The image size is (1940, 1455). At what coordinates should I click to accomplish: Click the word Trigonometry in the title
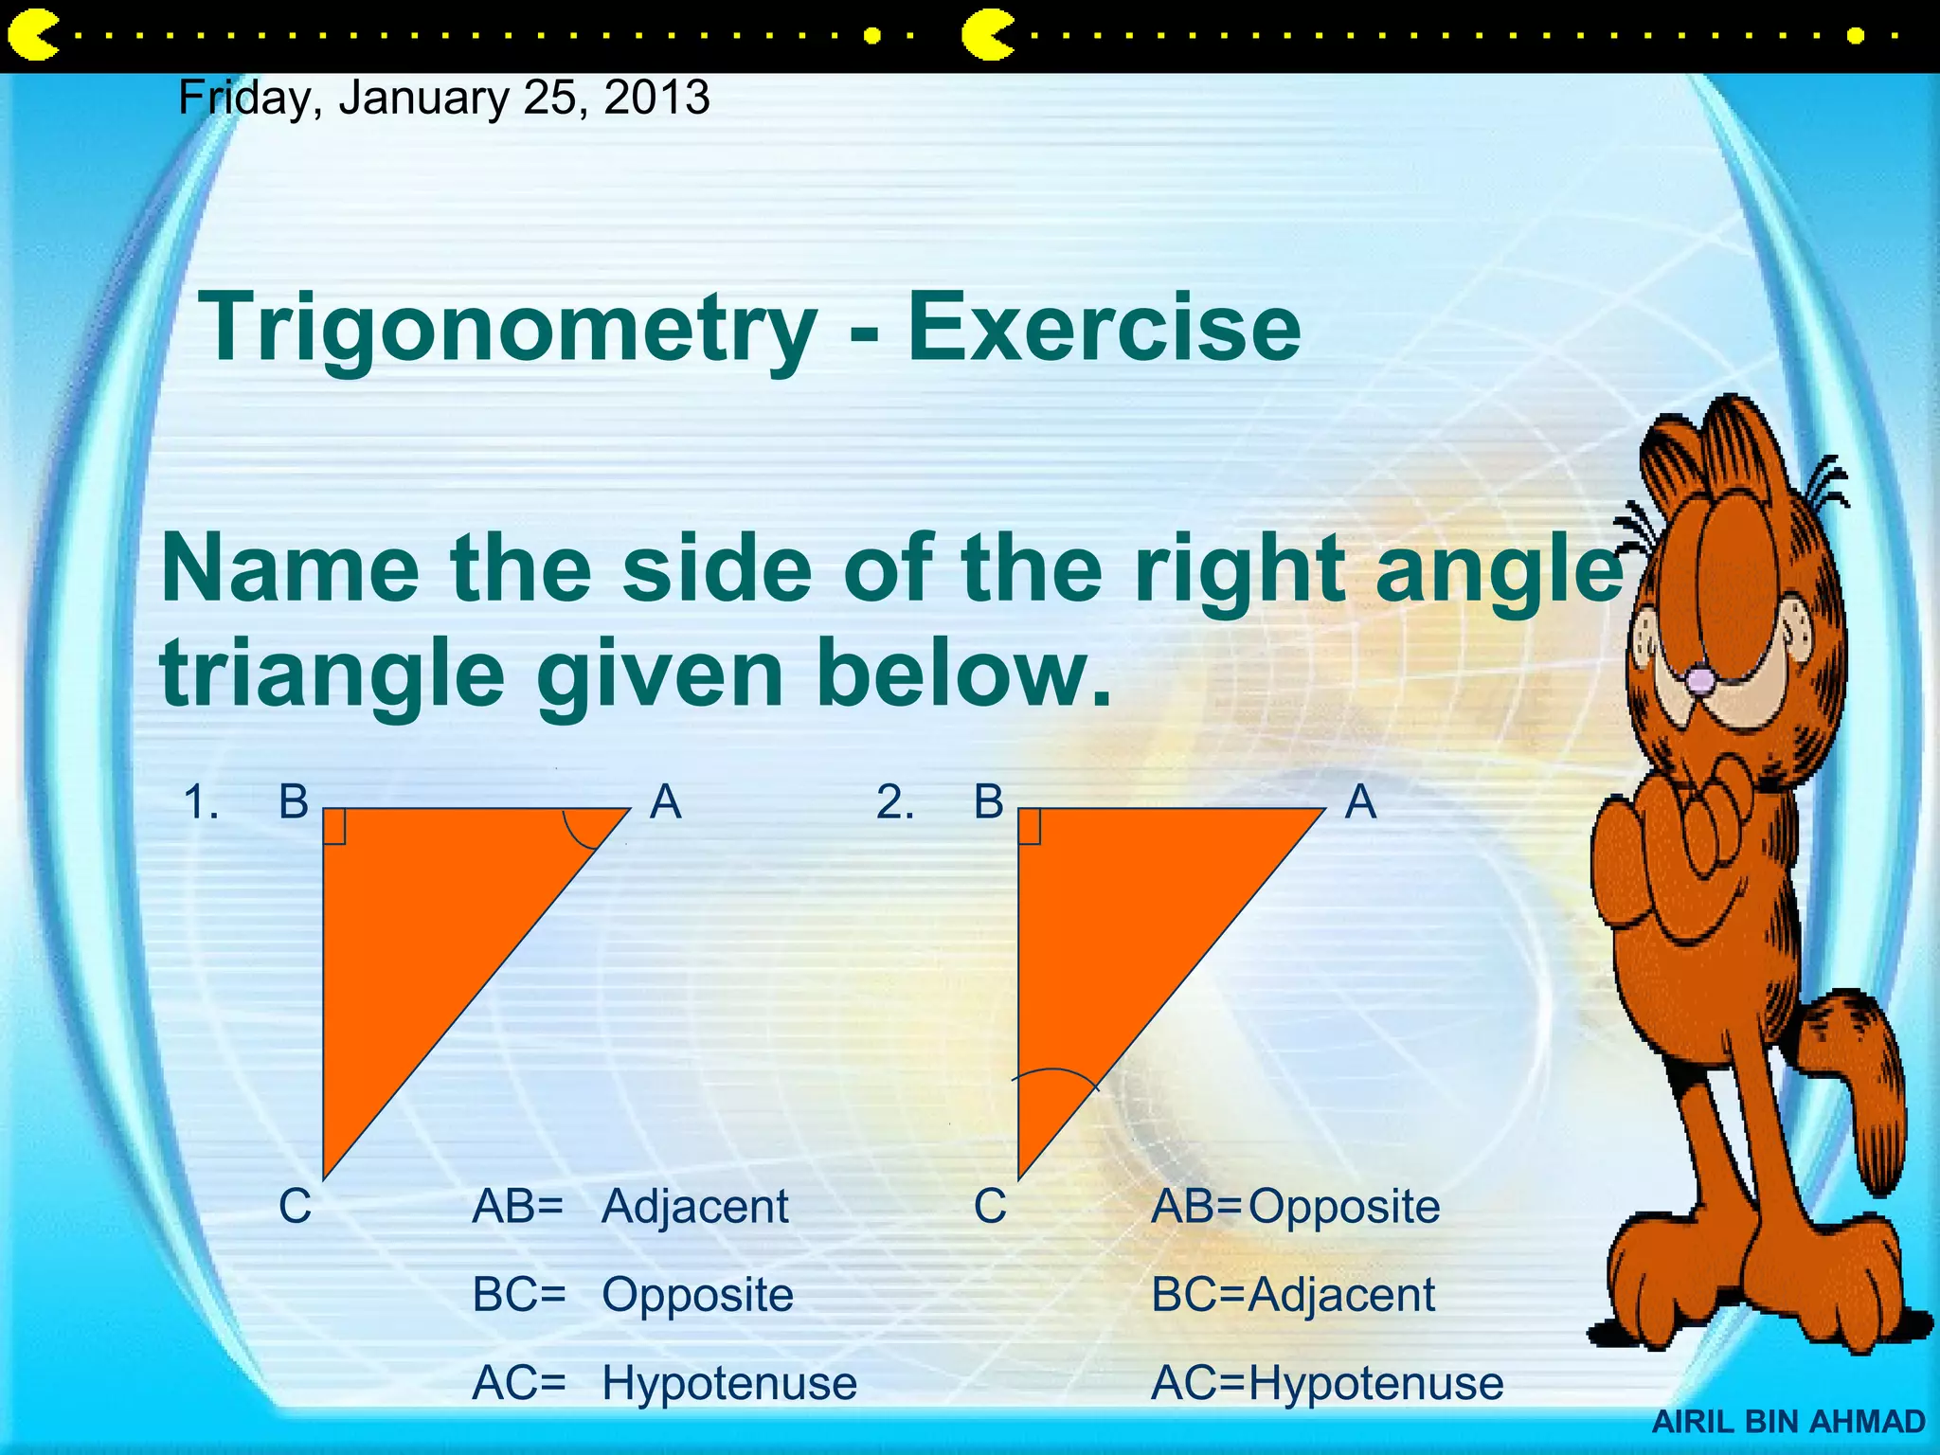tap(508, 328)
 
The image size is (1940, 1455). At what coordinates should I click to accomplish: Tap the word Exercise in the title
tap(1104, 328)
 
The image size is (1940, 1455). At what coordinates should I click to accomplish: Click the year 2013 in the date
tap(656, 98)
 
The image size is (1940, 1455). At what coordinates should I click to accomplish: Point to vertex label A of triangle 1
tap(666, 802)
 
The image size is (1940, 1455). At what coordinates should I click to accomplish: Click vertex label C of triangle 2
tap(990, 1207)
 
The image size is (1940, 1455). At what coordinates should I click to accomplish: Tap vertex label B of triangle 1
tap(294, 802)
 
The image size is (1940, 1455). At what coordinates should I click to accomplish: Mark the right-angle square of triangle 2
tap(1030, 826)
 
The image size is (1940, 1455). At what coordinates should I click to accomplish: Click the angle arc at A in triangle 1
tap(580, 835)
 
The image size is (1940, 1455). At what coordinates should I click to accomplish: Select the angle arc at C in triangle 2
tap(1054, 1075)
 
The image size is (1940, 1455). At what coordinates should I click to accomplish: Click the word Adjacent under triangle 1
tap(694, 1207)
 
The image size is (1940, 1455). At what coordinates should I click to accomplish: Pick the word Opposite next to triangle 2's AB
tap(1344, 1207)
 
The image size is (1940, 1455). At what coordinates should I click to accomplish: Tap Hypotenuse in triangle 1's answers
tap(729, 1383)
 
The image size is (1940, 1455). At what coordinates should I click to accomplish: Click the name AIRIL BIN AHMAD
tap(1788, 1422)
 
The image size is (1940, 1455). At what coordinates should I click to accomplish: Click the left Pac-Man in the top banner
tap(32, 36)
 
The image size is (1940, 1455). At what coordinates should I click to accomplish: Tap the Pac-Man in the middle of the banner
tap(987, 36)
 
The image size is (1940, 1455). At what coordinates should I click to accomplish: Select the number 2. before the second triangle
tap(895, 802)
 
